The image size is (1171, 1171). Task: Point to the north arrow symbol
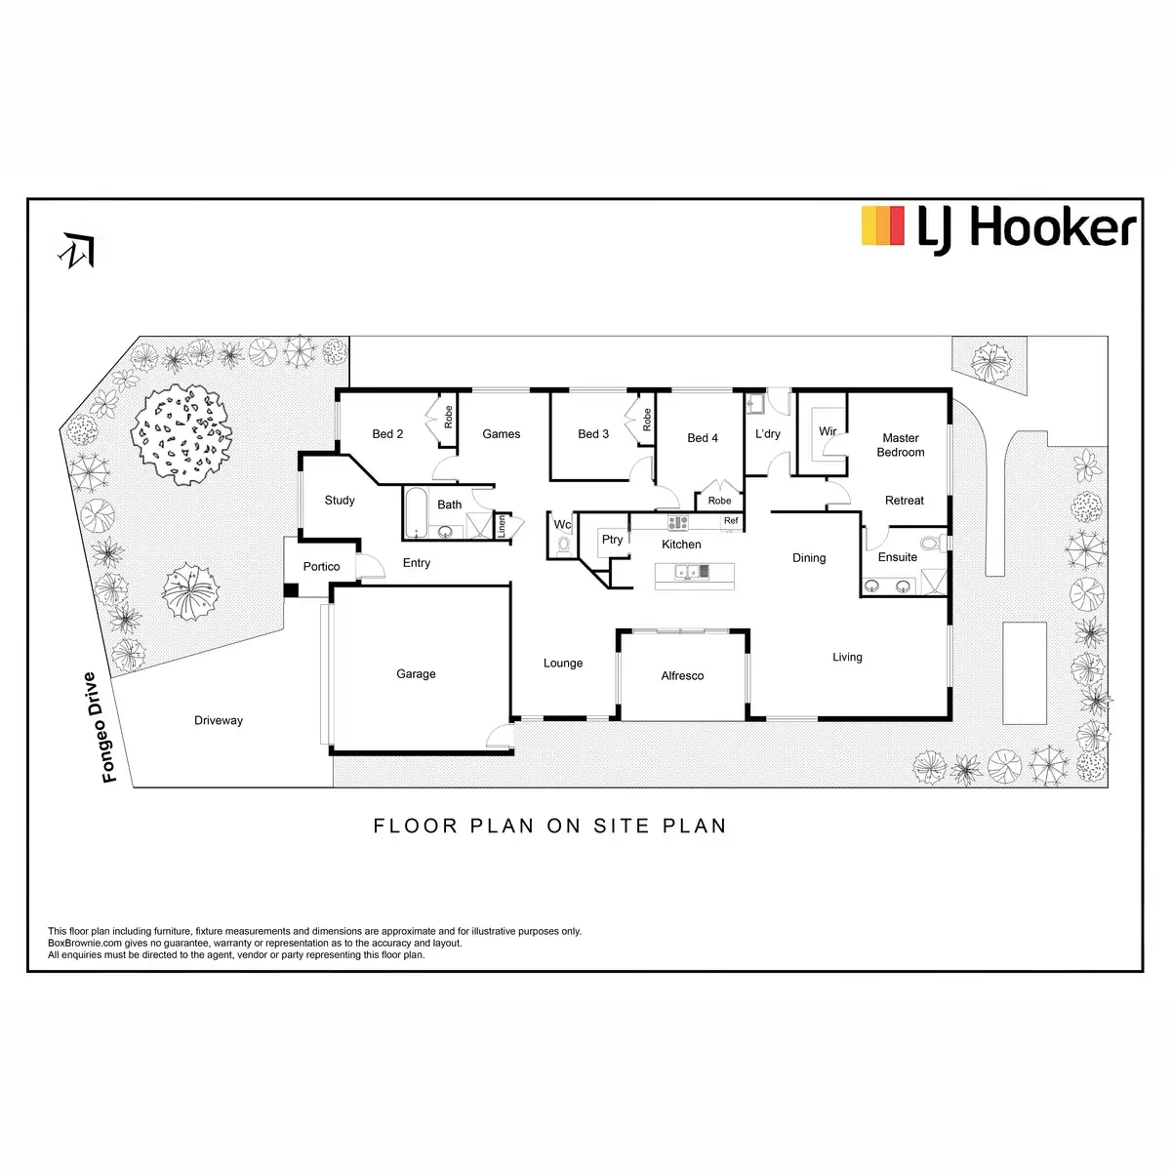click(x=78, y=251)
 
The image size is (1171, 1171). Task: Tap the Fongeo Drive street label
click(x=101, y=727)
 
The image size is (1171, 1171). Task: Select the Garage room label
click(x=416, y=674)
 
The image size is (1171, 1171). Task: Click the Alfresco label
click(x=682, y=675)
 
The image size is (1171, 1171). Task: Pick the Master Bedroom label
click(x=901, y=445)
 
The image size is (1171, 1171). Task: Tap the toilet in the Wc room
click(x=563, y=545)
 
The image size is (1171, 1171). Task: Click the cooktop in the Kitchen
click(x=678, y=523)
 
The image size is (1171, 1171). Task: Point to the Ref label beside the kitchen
click(x=731, y=521)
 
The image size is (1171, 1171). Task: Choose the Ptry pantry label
click(x=612, y=540)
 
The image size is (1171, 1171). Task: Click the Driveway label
click(x=219, y=720)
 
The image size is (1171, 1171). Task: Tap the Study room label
click(x=340, y=501)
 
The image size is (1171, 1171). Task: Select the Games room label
click(x=502, y=434)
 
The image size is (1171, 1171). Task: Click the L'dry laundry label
click(x=768, y=434)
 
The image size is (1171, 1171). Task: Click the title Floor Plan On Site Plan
click(x=550, y=826)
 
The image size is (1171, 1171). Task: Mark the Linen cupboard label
click(x=503, y=526)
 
